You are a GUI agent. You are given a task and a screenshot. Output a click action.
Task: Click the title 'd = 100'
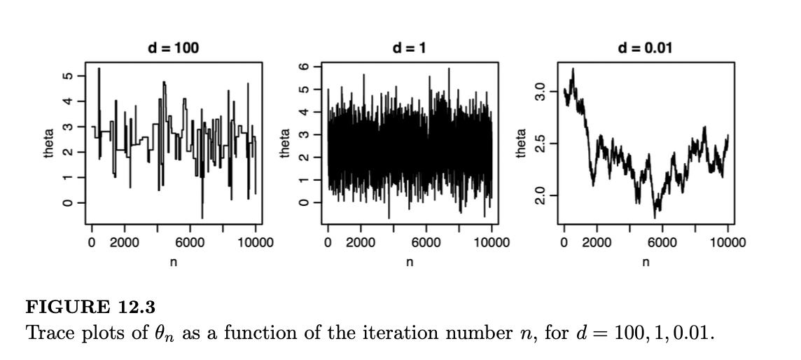pyautogui.click(x=173, y=48)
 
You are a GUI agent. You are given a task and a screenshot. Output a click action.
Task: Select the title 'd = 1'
pyautogui.click(x=410, y=48)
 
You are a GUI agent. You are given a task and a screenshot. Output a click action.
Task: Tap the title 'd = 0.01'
pyautogui.click(x=646, y=48)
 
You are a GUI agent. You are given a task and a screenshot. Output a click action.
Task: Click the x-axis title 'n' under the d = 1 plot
pyautogui.click(x=410, y=262)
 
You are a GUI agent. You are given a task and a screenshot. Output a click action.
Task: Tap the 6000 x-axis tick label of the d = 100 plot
pyautogui.click(x=190, y=243)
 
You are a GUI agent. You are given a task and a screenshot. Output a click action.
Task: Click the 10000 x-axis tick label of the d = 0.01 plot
pyautogui.click(x=727, y=243)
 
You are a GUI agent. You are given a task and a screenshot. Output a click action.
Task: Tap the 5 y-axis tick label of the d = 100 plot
pyautogui.click(x=67, y=76)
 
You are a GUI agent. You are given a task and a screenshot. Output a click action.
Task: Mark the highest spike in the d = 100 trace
pyautogui.click(x=99, y=69)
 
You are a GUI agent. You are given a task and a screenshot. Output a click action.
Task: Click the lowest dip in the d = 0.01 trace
pyautogui.click(x=655, y=217)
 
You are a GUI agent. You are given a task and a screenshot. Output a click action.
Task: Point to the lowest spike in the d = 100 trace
pyautogui.click(x=202, y=218)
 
